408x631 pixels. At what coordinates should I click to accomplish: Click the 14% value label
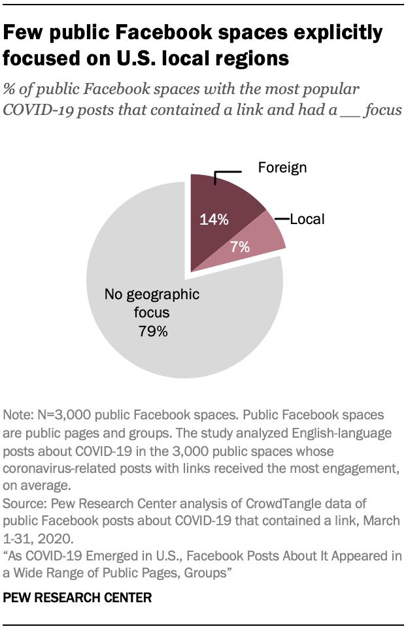click(x=214, y=220)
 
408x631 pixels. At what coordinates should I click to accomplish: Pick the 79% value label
click(x=153, y=331)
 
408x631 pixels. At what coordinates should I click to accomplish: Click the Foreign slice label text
click(x=282, y=168)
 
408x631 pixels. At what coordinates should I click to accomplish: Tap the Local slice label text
click(x=307, y=219)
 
